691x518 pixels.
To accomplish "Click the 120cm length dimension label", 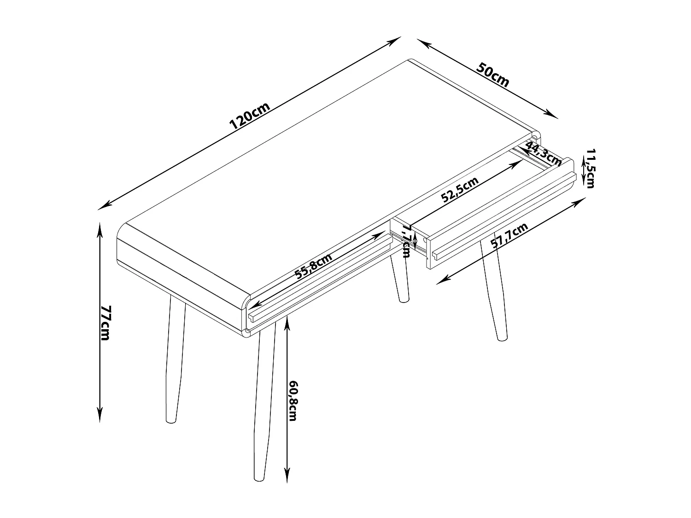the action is tap(250, 116).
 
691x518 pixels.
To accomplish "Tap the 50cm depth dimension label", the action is tap(492, 75).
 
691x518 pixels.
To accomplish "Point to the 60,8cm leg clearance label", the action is tap(293, 401).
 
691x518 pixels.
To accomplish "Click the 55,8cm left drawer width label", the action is tap(314, 266).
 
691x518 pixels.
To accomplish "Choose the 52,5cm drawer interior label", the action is tap(460, 189).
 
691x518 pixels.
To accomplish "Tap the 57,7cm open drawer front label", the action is tap(509, 236).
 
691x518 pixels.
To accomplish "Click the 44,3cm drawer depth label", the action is tap(543, 153).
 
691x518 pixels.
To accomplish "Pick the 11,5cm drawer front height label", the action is tap(590, 168).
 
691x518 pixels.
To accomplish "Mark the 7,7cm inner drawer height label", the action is tap(406, 242).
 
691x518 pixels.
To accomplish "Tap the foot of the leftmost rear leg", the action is tap(171, 421).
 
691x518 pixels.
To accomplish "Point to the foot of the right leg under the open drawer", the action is tap(502, 338).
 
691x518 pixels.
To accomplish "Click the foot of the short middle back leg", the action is tap(404, 300).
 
